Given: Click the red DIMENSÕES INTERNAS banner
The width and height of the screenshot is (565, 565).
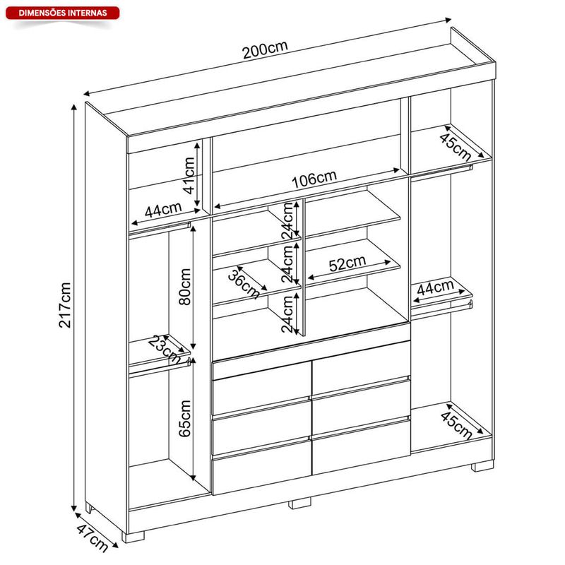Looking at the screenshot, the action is pyautogui.click(x=62, y=13).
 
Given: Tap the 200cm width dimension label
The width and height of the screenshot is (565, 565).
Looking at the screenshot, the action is pyautogui.click(x=266, y=49).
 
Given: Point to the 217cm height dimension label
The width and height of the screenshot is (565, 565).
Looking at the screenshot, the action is pyautogui.click(x=65, y=305).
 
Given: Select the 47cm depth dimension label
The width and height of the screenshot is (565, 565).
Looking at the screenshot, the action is pyautogui.click(x=93, y=538).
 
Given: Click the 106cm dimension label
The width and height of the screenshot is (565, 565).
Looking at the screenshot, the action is pyautogui.click(x=314, y=179).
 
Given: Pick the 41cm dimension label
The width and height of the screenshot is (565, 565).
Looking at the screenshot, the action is pyautogui.click(x=189, y=175).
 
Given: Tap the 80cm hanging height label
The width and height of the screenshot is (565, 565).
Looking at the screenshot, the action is pyautogui.click(x=185, y=287).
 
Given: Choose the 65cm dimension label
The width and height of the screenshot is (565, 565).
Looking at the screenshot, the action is pyautogui.click(x=185, y=418).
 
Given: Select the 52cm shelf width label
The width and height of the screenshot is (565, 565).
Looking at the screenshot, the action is pyautogui.click(x=347, y=263).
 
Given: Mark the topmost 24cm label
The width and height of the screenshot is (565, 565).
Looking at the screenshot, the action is pyautogui.click(x=288, y=221).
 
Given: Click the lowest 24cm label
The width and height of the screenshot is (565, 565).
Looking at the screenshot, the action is pyautogui.click(x=288, y=314).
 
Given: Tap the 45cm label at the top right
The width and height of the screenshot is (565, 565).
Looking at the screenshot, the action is pyautogui.click(x=456, y=147).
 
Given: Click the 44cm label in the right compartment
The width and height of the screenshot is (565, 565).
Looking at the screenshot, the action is pyautogui.click(x=435, y=288).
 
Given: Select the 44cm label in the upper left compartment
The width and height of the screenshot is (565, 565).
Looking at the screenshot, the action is pyautogui.click(x=163, y=210).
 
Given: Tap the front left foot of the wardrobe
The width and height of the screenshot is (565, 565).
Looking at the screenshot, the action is pyautogui.click(x=133, y=537).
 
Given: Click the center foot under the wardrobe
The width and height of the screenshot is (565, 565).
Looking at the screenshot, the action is pyautogui.click(x=299, y=503).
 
